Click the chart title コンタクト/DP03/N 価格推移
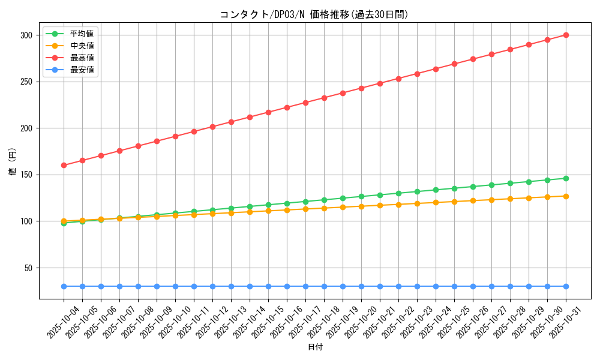314,14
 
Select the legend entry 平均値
82,34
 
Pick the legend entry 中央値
82,46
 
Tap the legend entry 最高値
82,58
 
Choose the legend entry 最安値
82,70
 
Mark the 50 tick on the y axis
27,268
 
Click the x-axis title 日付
315,347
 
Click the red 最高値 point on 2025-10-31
566,35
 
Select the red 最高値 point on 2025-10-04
64,165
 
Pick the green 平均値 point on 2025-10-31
566,178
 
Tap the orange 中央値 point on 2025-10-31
566,196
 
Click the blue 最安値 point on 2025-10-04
64,286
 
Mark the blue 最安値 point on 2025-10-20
361,286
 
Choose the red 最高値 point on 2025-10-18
324,98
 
